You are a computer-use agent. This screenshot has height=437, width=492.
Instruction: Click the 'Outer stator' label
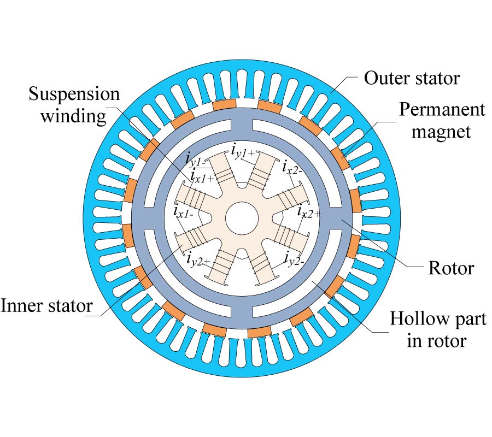412,78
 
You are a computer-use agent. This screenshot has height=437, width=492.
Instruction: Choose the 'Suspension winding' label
74,105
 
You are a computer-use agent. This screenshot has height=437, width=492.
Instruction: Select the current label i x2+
308,210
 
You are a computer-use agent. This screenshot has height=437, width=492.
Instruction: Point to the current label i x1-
184,211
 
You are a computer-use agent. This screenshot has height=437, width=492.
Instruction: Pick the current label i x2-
293,166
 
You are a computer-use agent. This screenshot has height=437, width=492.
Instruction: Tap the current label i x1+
201,177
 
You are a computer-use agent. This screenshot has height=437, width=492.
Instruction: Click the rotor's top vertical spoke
242,126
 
